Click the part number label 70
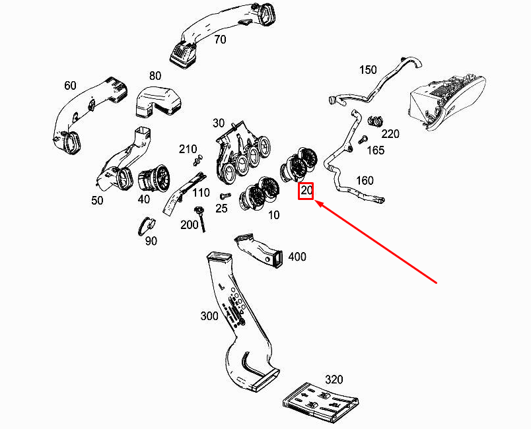(x=220, y=40)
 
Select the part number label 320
(x=334, y=379)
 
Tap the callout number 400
(x=297, y=257)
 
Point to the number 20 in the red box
(x=306, y=191)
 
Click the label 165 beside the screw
(x=376, y=150)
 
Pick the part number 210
(x=188, y=149)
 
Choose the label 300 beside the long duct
(x=209, y=316)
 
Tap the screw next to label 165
(x=363, y=139)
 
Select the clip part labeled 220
(x=375, y=121)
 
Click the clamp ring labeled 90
(x=147, y=225)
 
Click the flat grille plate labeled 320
(x=321, y=403)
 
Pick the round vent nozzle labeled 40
(x=154, y=179)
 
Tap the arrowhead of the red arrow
(x=316, y=201)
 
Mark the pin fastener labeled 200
(x=200, y=218)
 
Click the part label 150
(x=368, y=70)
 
